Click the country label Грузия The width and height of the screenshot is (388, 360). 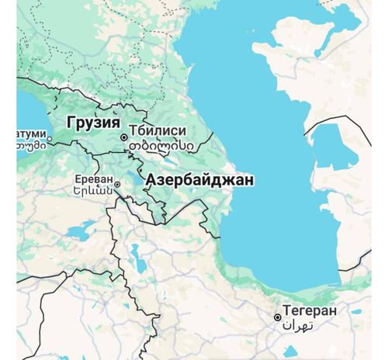pos(93,123)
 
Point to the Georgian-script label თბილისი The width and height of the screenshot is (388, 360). pos(161,145)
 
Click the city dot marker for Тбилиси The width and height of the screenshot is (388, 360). pos(123,137)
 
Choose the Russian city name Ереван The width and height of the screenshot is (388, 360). pos(92,175)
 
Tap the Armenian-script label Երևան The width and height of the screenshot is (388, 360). pos(93,189)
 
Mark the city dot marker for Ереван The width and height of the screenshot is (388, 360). pos(118,185)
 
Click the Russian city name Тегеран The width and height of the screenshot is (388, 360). pos(310,310)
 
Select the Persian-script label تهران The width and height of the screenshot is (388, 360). pos(298,325)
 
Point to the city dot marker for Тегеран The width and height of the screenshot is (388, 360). pos(278,317)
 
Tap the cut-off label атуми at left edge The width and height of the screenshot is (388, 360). pos(31,133)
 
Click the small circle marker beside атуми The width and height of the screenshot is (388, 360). pos(50,140)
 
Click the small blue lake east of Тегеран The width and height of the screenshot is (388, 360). pos(356,311)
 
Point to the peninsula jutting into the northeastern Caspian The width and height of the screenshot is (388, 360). pos(287,50)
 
